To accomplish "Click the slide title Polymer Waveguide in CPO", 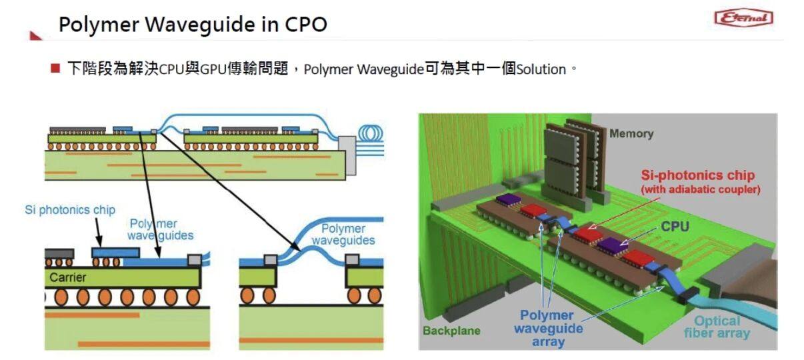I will tap(193, 25).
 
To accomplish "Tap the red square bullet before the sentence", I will tap(55, 69).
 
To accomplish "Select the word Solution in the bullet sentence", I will tap(541, 69).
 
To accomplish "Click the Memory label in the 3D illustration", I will tap(631, 134).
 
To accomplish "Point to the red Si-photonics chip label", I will tap(697, 175).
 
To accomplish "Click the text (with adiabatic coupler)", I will tap(700, 189).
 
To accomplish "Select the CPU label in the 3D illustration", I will tap(675, 227).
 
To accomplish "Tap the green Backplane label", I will tap(451, 331).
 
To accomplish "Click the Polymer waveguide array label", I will tap(547, 328).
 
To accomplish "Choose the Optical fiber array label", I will tap(716, 327).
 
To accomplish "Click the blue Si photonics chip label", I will tap(70, 210).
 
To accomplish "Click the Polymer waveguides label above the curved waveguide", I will tap(343, 235).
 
